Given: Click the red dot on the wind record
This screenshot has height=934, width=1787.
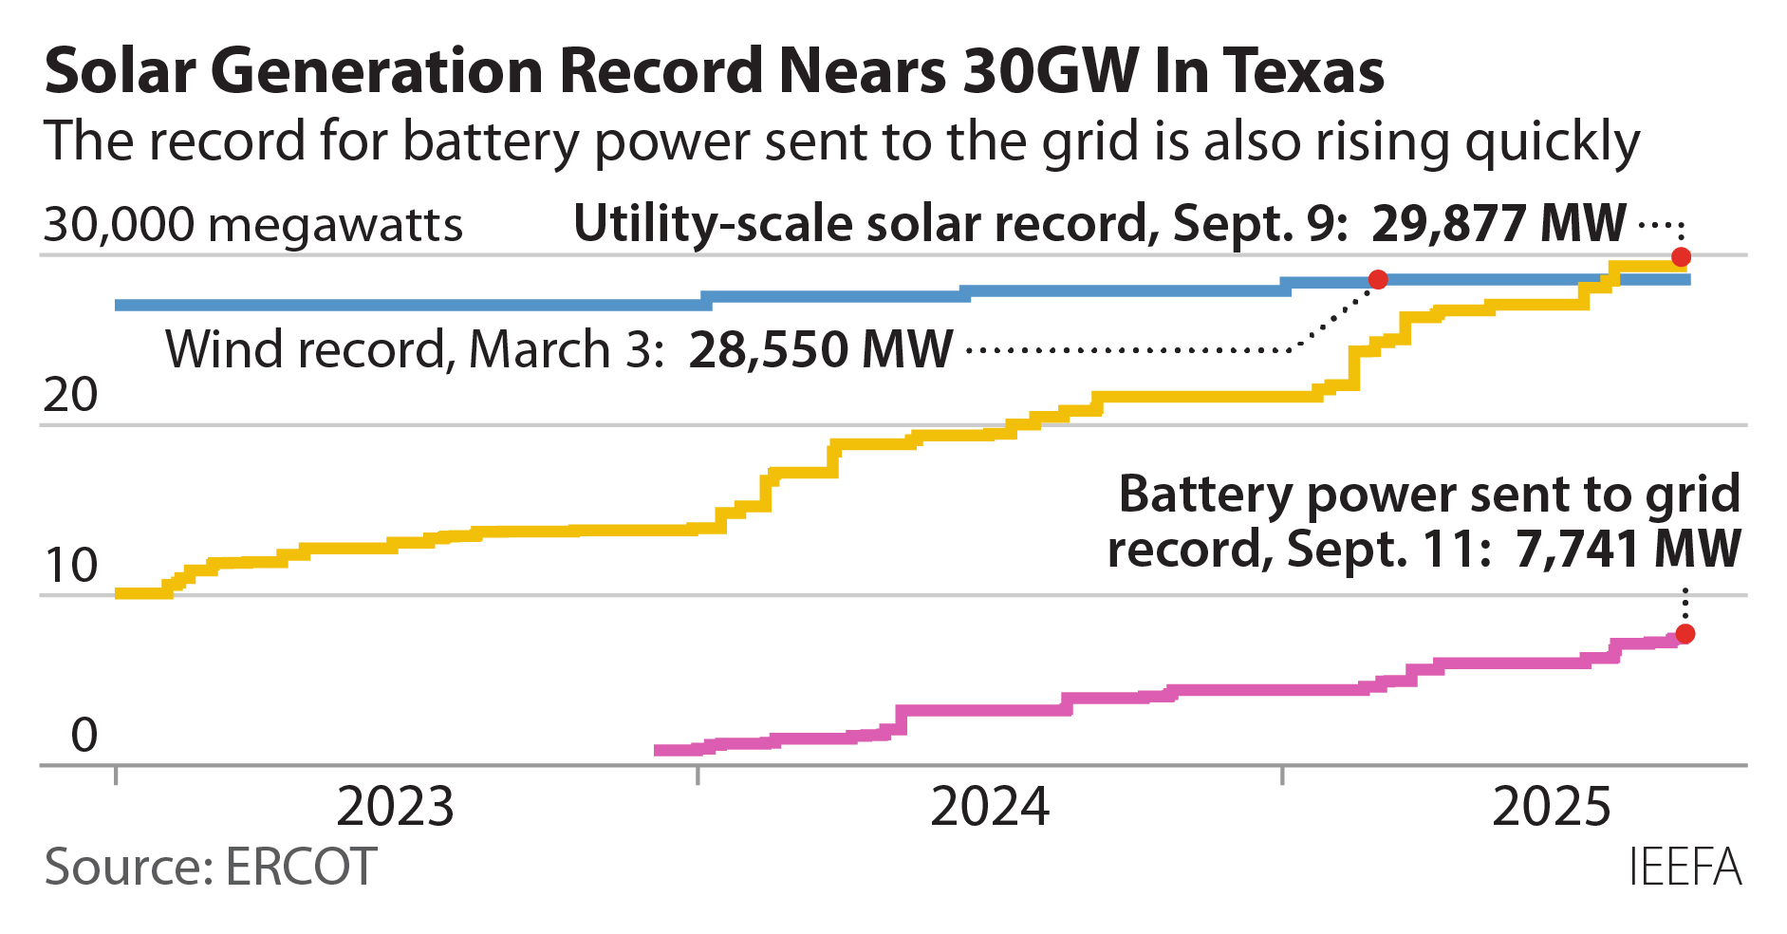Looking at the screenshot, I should [1378, 279].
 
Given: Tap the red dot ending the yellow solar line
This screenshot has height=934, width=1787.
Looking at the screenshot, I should [1681, 257].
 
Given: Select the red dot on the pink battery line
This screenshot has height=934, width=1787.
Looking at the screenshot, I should [1685, 634].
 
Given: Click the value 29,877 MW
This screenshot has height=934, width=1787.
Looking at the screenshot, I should [1498, 224].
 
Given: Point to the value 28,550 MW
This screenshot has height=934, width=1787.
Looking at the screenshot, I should [820, 349].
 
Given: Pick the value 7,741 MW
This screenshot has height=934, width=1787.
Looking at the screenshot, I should [1628, 549].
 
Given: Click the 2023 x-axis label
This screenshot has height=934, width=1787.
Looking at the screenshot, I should [396, 807].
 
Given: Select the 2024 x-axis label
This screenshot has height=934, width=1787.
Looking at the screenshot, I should [990, 807].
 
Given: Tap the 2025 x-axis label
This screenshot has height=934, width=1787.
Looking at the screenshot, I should [1552, 807].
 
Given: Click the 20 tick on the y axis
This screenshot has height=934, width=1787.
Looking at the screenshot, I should [70, 395].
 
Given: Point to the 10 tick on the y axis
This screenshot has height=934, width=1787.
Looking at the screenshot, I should [70, 566].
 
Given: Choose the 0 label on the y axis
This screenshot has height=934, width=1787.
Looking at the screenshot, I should [84, 736].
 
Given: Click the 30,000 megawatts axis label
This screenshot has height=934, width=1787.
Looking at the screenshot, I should [253, 226].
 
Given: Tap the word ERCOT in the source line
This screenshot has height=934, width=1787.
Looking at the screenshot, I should [301, 867].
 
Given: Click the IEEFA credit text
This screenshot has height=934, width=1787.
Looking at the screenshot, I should [1685, 867].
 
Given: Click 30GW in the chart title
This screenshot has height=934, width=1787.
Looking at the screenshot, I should [1051, 71].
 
